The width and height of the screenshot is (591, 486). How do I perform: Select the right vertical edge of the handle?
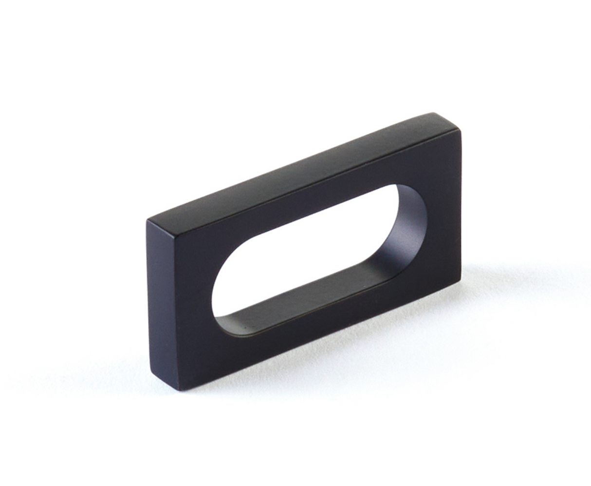tap(460, 205)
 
